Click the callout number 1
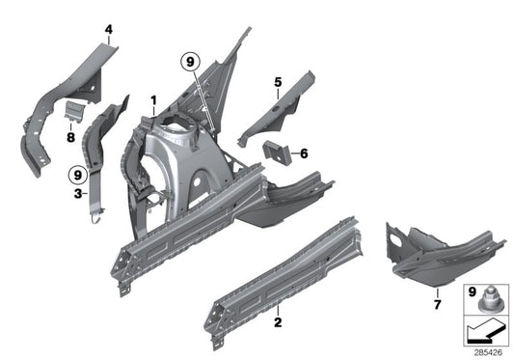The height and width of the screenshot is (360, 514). click(x=151, y=99)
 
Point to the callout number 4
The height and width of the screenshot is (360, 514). click(x=109, y=30)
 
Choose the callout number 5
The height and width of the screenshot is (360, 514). click(x=278, y=82)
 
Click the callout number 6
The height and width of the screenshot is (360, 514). click(x=303, y=152)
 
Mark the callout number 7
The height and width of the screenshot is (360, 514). click(x=438, y=305)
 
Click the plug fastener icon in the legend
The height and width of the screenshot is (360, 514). click(x=488, y=302)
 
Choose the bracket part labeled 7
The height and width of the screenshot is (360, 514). click(x=434, y=253)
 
